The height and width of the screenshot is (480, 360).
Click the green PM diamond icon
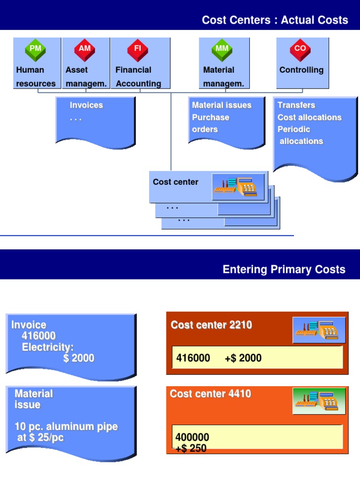pos(35,50)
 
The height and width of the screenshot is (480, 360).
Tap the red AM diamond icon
pos(85,50)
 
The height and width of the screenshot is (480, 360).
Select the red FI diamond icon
pos(137,50)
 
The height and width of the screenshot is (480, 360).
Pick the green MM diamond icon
pos(222,50)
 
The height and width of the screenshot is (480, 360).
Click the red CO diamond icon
pos(300,50)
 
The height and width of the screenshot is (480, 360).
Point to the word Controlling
pos(301,70)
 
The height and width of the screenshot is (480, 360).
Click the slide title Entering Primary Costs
pos(284,270)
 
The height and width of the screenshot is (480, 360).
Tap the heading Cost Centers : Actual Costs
pos(275,20)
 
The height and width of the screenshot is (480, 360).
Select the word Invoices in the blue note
pos(86,105)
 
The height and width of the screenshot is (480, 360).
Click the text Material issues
pos(222,105)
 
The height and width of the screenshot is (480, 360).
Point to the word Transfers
pos(296,105)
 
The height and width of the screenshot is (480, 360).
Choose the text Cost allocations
pos(309,117)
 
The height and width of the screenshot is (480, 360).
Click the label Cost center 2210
pos(211,325)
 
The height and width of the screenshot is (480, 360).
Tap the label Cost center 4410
pos(210,394)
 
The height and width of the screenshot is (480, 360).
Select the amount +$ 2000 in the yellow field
pos(243,358)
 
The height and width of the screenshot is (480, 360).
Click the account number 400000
pos(192,438)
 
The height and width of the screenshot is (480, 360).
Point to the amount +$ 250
pos(191,449)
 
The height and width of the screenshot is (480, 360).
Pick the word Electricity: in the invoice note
pos(48,347)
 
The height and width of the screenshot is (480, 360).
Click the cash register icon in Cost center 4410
pos(319,401)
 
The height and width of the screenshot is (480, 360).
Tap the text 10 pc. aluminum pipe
pos(66,427)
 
